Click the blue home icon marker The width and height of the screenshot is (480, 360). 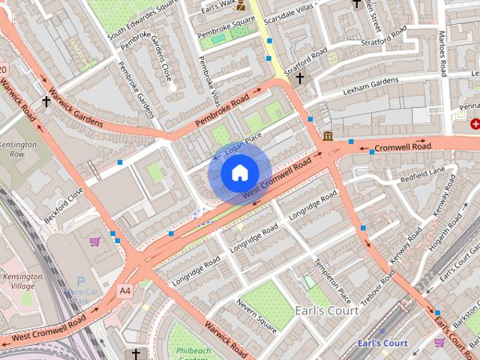coord(239,173)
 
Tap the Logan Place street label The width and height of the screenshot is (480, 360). coord(238,144)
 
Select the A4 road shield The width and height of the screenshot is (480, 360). coord(124,289)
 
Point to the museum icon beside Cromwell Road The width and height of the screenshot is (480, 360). coord(328,136)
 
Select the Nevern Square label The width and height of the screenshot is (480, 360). coord(257,316)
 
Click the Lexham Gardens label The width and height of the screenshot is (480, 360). coord(370,86)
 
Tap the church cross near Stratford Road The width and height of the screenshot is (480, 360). coord(300,77)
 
